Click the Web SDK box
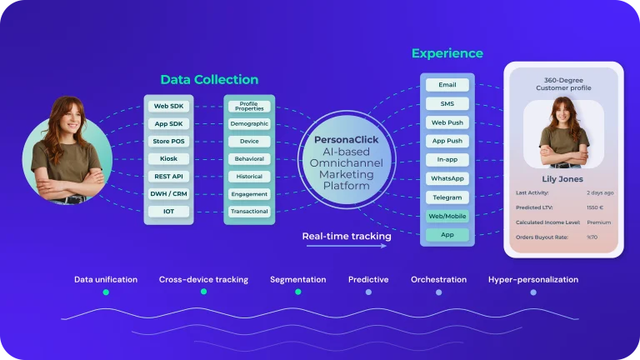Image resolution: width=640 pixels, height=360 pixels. pos(168,106)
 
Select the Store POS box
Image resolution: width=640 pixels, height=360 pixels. pos(168,141)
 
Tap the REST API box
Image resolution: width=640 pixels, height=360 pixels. pos(168,176)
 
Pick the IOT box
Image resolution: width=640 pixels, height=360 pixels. pos(168,212)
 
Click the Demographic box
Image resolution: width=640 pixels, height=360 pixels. pos(249,123)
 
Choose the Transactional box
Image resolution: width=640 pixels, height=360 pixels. pos(249,212)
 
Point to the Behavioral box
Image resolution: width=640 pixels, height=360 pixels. pos(249,158)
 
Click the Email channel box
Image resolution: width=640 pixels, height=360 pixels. pos(447,84)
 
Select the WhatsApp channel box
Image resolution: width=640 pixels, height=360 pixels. pos(447,178)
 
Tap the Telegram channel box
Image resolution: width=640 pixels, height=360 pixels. pos(447,197)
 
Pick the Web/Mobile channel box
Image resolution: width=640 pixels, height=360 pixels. pos(447,217)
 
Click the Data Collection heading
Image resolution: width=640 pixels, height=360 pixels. pos(209,80)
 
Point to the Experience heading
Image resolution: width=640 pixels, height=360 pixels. pos(447,53)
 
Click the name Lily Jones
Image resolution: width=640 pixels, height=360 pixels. pos(563,179)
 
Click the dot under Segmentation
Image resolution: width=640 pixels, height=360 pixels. pos(297,292)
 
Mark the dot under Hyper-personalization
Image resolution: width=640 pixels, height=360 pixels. pos(533,292)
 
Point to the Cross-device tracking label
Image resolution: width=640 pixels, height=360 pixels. pos(203,280)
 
